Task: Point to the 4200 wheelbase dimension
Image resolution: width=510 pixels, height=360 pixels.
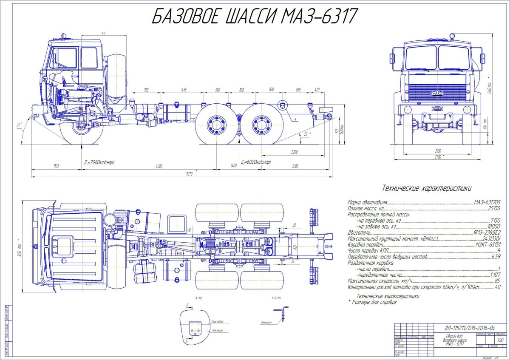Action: click(159, 166)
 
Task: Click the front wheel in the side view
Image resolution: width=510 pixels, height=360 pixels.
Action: click(82, 126)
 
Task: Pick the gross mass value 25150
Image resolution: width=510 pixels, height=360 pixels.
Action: click(493, 209)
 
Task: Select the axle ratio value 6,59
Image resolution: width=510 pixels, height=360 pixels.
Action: click(495, 257)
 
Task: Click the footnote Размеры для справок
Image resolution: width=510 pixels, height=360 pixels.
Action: click(374, 303)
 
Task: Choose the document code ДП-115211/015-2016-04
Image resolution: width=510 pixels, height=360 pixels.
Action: click(469, 328)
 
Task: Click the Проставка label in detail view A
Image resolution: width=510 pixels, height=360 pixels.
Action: click(217, 322)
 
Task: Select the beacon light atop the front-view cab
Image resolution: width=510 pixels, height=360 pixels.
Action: click(452, 36)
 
